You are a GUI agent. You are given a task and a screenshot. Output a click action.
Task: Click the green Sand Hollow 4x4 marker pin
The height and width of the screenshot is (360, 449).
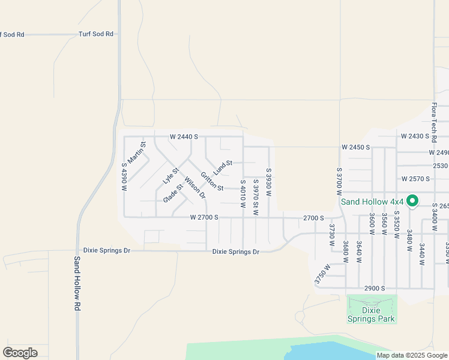412,200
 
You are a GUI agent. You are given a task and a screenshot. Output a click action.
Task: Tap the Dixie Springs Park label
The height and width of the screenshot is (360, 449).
371,314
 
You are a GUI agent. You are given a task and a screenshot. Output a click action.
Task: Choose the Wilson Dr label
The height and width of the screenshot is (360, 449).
195,187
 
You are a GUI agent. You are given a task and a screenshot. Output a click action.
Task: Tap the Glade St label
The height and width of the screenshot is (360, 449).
173,193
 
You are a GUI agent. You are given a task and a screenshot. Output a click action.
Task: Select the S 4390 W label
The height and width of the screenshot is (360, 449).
125,177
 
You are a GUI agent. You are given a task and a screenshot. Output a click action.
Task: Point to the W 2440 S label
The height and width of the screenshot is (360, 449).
184,137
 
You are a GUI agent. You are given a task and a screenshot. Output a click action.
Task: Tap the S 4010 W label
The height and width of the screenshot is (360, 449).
243,194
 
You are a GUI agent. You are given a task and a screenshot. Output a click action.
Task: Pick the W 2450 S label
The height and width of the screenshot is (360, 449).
356,147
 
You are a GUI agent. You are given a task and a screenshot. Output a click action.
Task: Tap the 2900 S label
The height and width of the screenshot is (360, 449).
374,289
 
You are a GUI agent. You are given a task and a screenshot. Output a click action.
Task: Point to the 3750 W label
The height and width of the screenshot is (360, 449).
322,275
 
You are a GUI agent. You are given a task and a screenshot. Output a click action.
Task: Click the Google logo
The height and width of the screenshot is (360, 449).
20,352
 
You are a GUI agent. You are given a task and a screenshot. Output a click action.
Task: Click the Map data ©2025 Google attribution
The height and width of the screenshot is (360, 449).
411,355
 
